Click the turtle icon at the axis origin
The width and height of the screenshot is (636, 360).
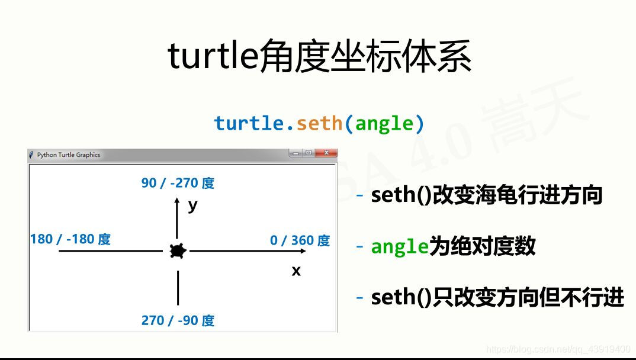(178, 251)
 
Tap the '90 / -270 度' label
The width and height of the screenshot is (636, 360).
(178, 183)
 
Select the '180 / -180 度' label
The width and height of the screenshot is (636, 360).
(70, 239)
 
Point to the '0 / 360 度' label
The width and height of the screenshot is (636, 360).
(300, 240)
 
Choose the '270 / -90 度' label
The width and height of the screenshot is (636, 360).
(178, 321)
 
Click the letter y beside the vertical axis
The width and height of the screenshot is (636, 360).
(192, 206)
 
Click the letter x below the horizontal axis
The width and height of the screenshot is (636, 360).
(296, 271)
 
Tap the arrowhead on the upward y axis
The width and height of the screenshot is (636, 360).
(177, 200)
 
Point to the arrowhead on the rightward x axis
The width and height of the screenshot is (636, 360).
(303, 251)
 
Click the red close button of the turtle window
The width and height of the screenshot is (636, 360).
(326, 153)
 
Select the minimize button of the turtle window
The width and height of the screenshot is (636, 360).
(295, 153)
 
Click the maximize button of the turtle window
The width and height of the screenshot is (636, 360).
(309, 153)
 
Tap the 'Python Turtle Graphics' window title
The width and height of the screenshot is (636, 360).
(69, 155)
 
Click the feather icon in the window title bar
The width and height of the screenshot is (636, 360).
(31, 155)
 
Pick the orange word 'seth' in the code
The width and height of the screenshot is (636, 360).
(320, 123)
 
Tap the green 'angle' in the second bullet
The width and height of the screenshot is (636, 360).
(400, 246)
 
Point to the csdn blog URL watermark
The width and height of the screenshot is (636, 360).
(558, 349)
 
